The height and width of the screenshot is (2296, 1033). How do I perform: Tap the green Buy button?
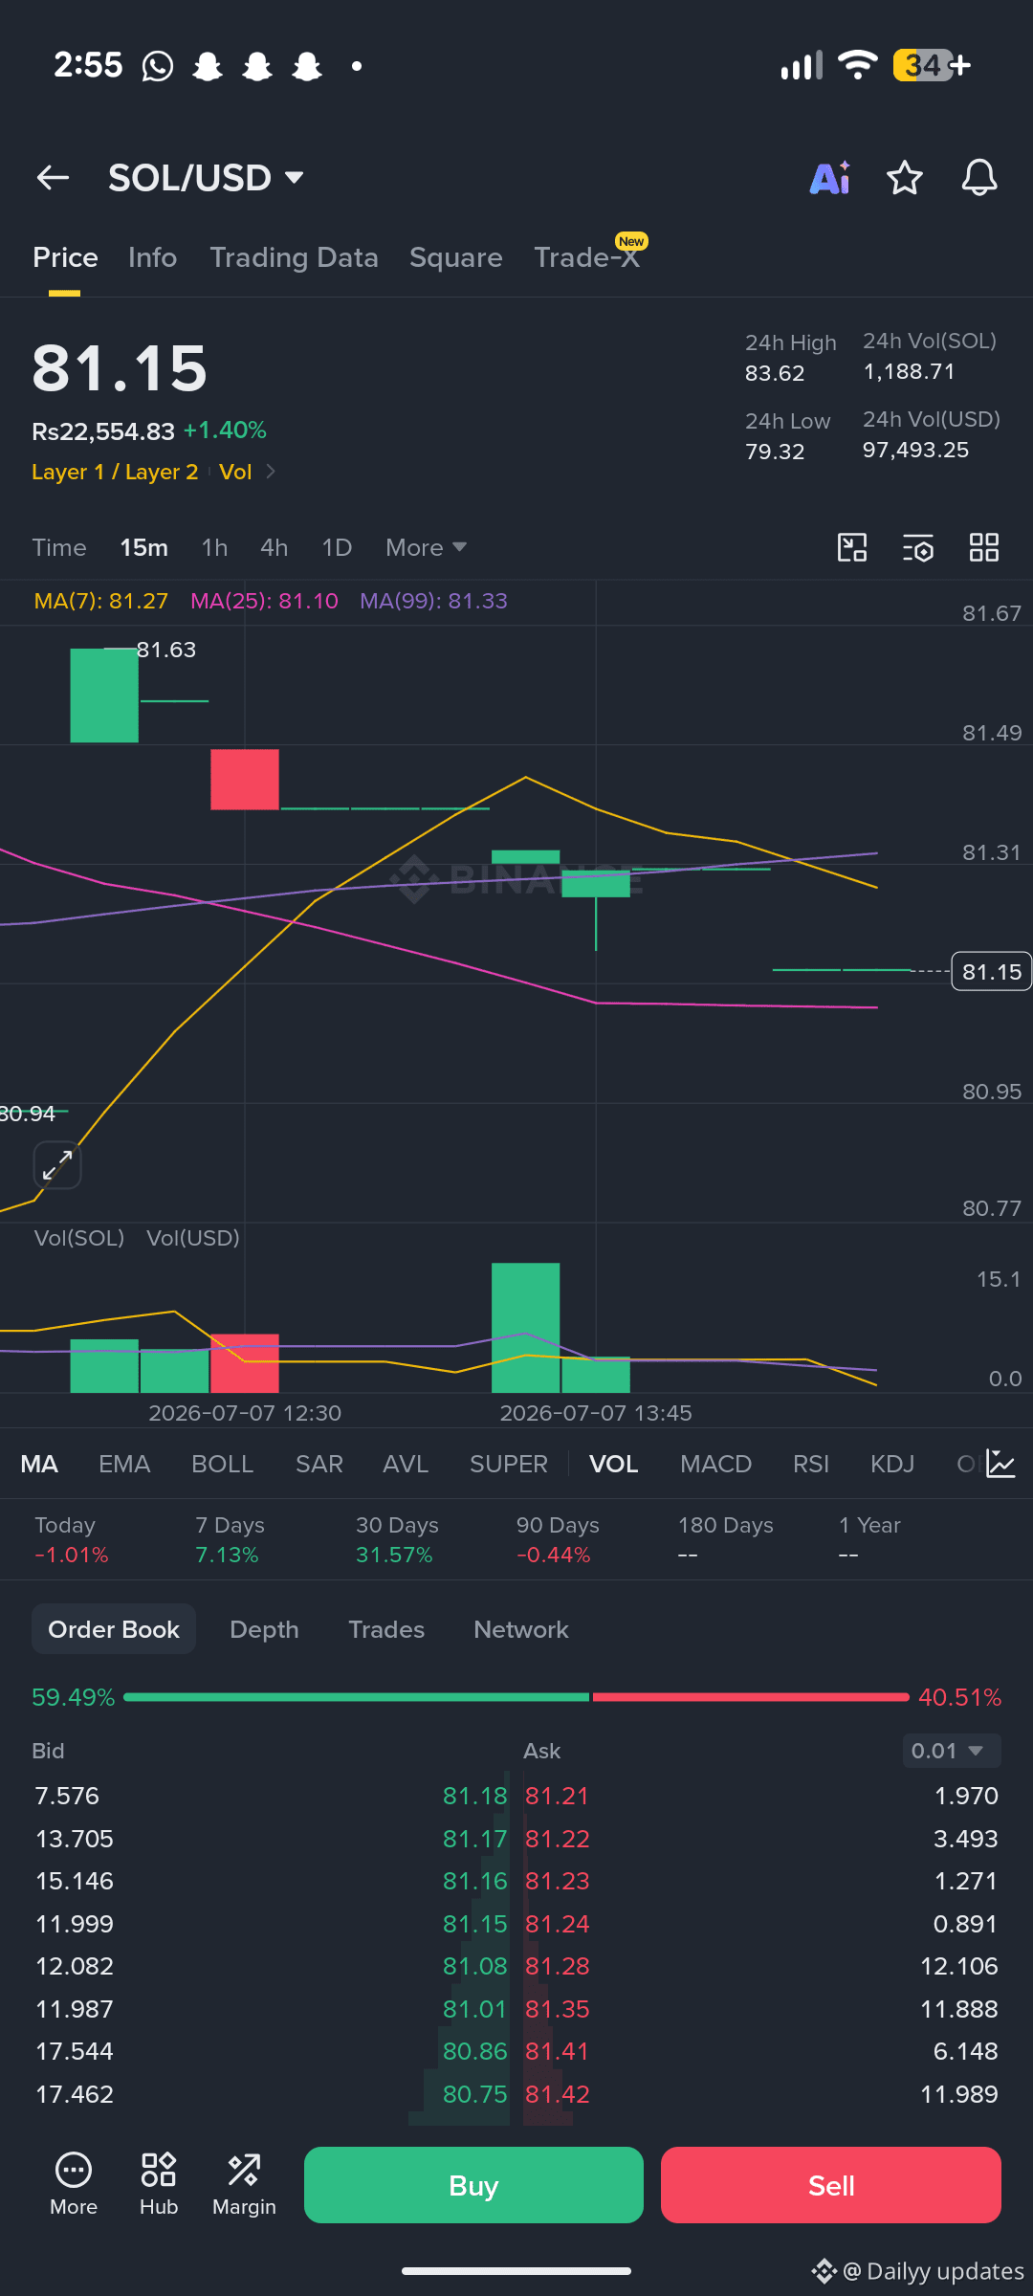pyautogui.click(x=473, y=2185)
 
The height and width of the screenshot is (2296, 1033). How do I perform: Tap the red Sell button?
pyautogui.click(x=831, y=2185)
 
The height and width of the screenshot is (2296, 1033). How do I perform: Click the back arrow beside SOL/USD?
pyautogui.click(x=53, y=177)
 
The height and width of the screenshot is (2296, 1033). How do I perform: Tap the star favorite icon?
pyautogui.click(x=905, y=178)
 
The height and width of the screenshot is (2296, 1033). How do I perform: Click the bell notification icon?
pyautogui.click(x=979, y=178)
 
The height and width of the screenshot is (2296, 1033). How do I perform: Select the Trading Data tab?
pyautogui.click(x=294, y=257)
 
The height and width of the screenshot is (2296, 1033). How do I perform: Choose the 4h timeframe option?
pyautogui.click(x=274, y=547)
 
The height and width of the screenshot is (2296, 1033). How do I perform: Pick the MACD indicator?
pyautogui.click(x=715, y=1464)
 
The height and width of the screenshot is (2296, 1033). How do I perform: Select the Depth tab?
pyautogui.click(x=264, y=1629)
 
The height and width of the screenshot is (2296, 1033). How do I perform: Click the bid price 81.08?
pyautogui.click(x=475, y=1966)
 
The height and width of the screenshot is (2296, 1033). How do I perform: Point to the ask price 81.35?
pyautogui.click(x=558, y=2009)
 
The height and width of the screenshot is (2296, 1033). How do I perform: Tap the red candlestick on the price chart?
pyautogui.click(x=245, y=780)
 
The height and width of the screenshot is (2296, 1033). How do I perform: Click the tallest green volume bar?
pyautogui.click(x=526, y=1328)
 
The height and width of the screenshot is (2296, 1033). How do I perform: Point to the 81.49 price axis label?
pyautogui.click(x=992, y=733)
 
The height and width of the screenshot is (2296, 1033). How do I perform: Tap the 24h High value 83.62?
pyautogui.click(x=775, y=373)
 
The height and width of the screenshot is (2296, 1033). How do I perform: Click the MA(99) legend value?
pyautogui.click(x=433, y=601)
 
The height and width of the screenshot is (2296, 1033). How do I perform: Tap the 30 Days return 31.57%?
pyautogui.click(x=394, y=1555)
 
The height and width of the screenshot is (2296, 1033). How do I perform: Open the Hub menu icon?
pyautogui.click(x=159, y=2184)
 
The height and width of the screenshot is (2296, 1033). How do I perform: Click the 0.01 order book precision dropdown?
pyautogui.click(x=952, y=1751)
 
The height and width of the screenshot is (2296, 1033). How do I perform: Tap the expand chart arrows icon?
pyautogui.click(x=57, y=1165)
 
